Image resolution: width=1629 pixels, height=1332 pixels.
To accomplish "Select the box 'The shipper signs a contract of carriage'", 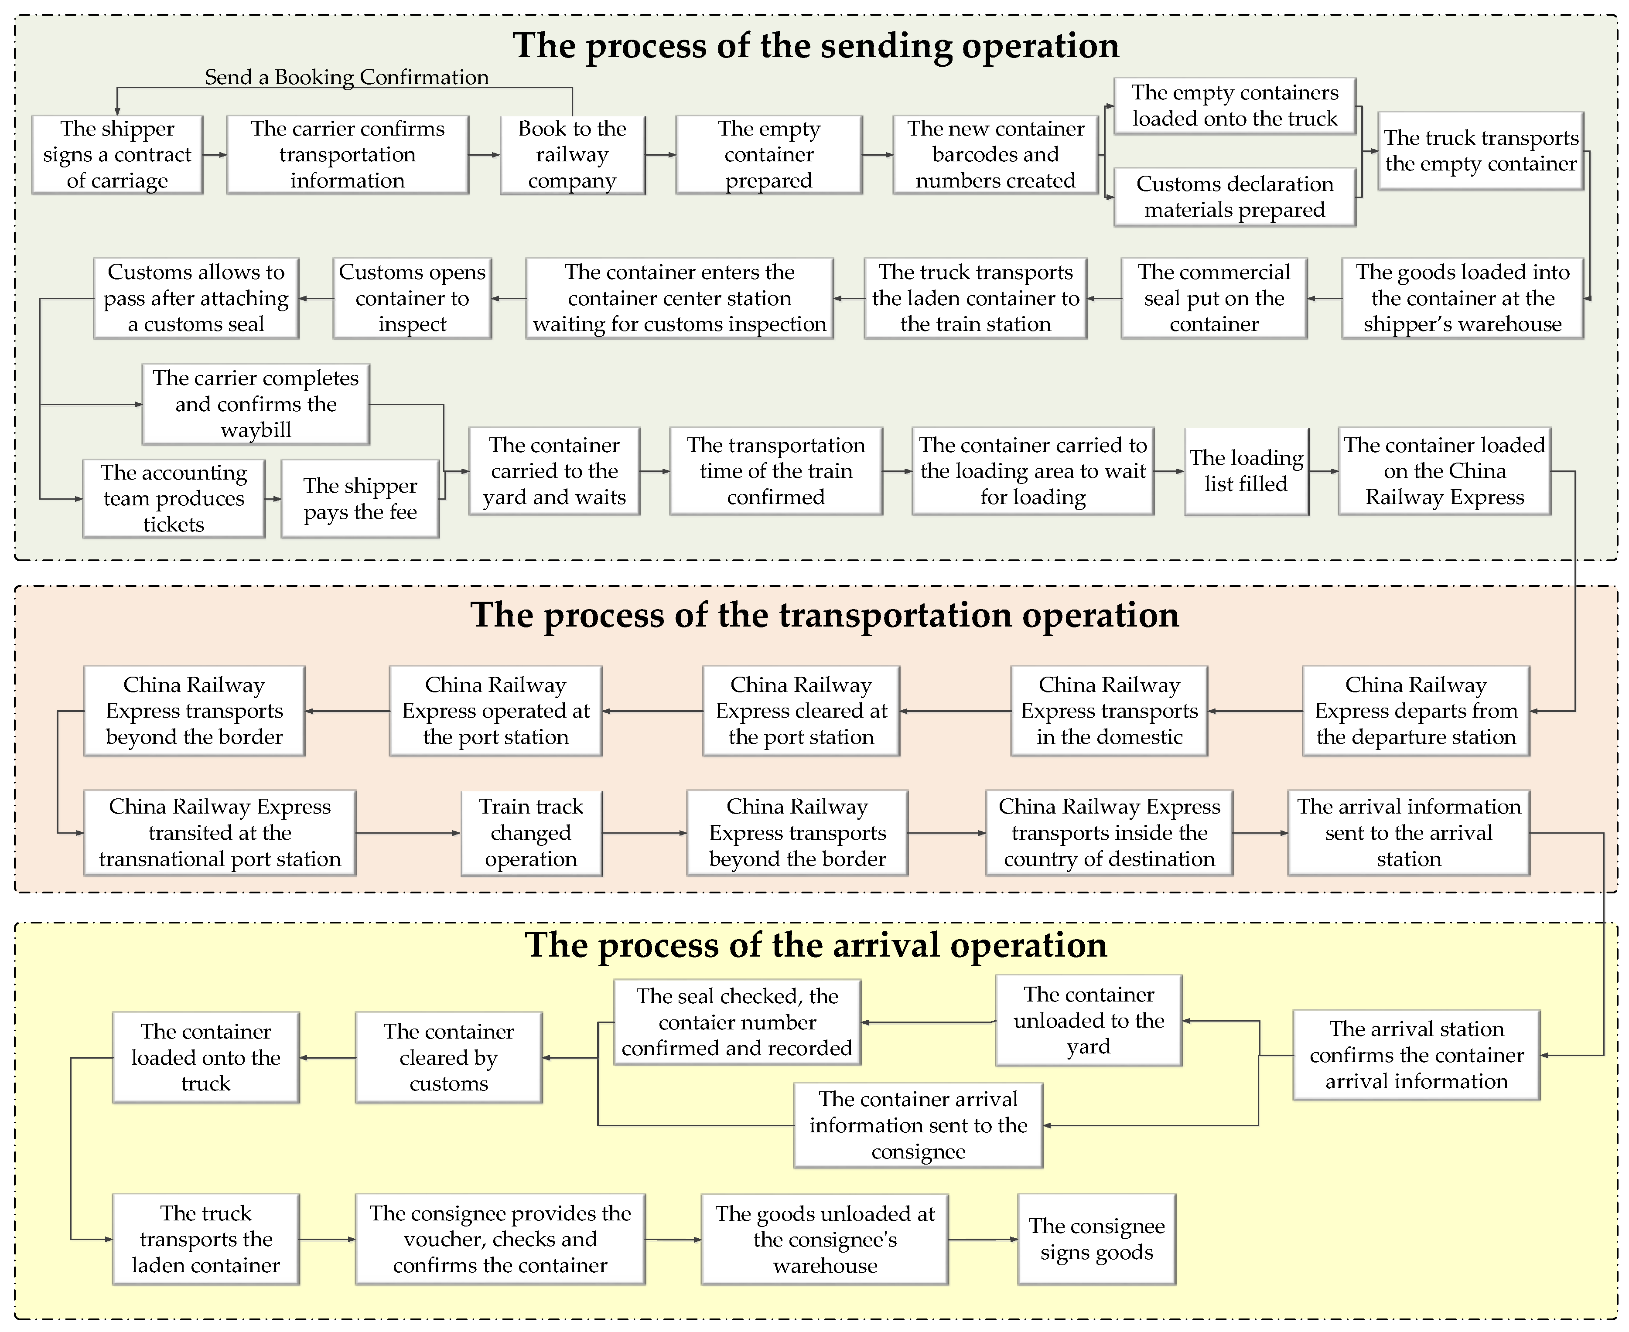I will point(117,154).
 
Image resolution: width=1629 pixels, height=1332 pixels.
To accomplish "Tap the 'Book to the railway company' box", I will point(572,154).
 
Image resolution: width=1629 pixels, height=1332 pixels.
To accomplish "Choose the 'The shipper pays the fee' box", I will point(360,499).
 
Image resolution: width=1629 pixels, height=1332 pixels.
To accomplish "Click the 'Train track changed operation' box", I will point(531,832).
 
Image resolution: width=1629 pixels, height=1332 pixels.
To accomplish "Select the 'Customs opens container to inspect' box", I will point(412,298).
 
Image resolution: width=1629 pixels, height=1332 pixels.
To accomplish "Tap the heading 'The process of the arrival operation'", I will point(816,944).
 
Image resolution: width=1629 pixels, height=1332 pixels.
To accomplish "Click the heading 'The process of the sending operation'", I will point(816,45).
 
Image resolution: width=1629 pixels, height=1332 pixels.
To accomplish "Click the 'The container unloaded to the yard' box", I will point(1088,1021).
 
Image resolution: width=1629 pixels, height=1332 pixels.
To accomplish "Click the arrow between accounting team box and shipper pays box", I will point(273,499).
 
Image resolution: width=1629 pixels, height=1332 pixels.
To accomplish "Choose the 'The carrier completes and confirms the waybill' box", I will point(256,404).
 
